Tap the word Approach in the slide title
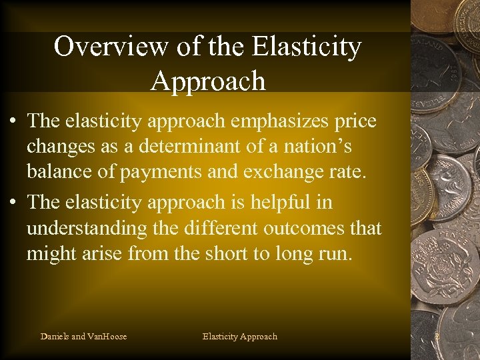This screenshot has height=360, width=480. pyautogui.click(x=208, y=81)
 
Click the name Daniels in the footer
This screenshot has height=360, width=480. pyautogui.click(x=55, y=336)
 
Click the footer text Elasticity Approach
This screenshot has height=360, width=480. pyautogui.click(x=239, y=336)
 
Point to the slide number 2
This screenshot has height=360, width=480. pyautogui.click(x=437, y=337)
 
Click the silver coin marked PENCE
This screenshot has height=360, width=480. pyautogui.click(x=445, y=267)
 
